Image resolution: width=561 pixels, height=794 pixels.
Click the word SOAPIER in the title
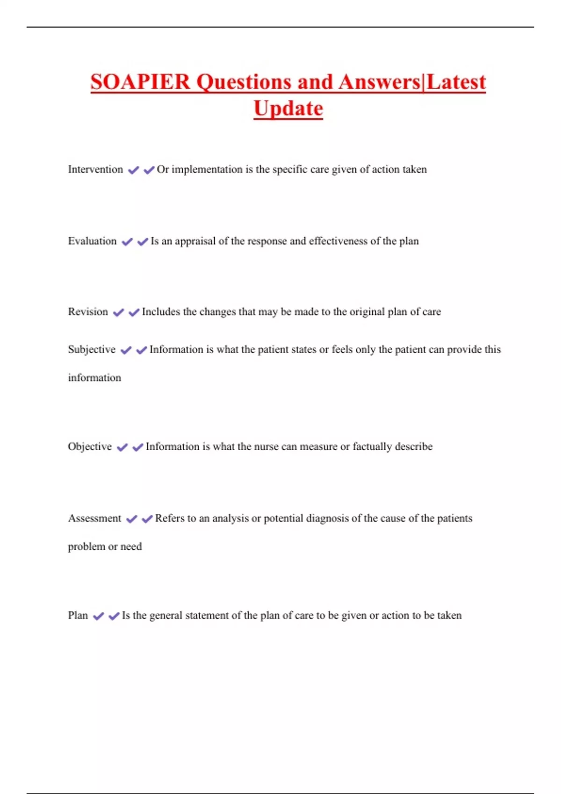(x=140, y=82)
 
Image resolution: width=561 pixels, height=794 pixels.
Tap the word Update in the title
(x=288, y=108)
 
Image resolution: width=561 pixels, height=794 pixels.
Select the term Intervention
(x=95, y=169)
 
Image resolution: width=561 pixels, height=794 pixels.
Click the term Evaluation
(x=92, y=241)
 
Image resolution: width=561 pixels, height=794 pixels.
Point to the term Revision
(x=88, y=312)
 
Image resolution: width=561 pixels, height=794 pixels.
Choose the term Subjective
(x=92, y=349)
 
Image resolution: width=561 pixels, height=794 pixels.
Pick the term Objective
(x=90, y=447)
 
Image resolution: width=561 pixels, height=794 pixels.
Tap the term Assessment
(x=94, y=518)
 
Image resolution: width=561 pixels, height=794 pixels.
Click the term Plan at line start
(x=78, y=615)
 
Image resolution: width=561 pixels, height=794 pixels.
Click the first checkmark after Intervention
(x=133, y=170)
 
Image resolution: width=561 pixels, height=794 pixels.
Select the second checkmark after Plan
(x=114, y=616)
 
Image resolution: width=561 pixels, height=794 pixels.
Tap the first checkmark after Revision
(x=118, y=312)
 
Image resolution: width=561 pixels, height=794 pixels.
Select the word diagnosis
(x=327, y=518)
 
